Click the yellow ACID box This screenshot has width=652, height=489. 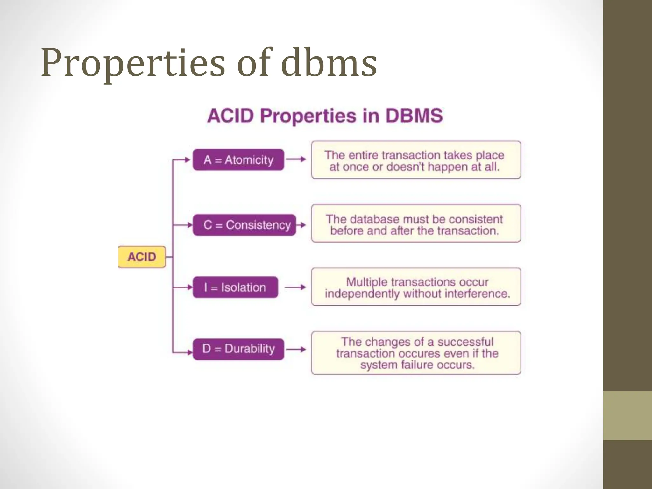[x=142, y=257]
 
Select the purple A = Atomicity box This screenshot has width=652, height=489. [x=238, y=159]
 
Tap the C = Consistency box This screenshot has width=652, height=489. [x=244, y=225]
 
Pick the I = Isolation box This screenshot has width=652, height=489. [x=235, y=287]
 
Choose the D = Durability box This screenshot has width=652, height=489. [x=238, y=349]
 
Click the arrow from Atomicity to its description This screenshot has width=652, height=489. [x=296, y=159]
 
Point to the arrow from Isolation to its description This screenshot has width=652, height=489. [x=295, y=287]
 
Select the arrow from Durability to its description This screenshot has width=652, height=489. [x=296, y=349]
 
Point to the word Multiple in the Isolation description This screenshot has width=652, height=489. [x=366, y=282]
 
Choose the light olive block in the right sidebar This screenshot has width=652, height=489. [x=627, y=415]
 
